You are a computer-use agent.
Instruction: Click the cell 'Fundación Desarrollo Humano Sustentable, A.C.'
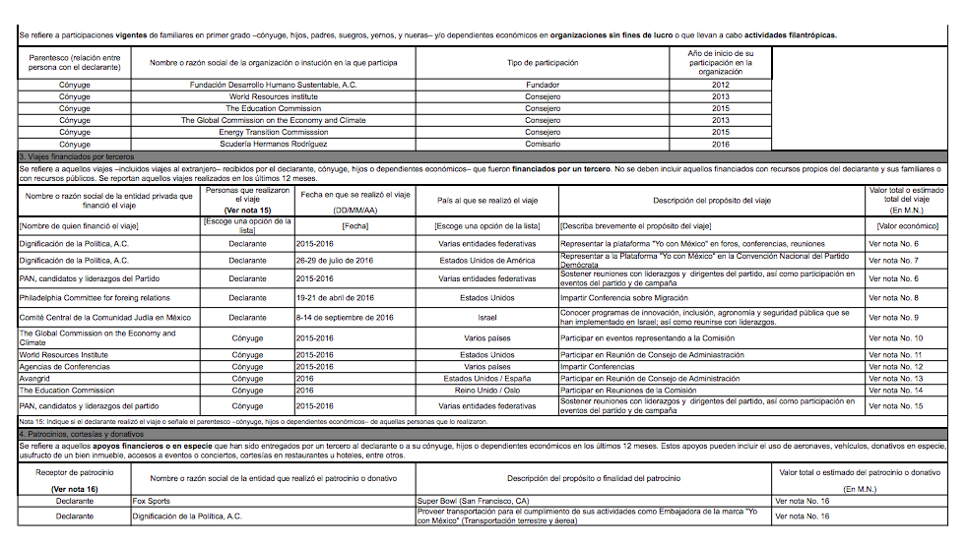tap(273, 85)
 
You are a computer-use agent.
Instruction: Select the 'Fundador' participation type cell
tap(543, 85)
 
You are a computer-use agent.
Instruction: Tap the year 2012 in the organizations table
tap(721, 85)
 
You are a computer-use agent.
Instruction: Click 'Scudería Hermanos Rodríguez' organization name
tap(273, 144)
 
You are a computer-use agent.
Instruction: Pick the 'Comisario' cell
tap(543, 144)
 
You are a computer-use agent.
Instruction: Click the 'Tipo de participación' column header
tap(543, 62)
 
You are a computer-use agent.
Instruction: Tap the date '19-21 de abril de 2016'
tap(335, 297)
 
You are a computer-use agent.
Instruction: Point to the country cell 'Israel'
tap(487, 318)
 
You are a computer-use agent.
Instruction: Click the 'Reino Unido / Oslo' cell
tap(487, 390)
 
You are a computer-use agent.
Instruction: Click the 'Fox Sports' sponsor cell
tap(153, 501)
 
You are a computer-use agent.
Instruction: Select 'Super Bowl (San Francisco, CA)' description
tap(473, 501)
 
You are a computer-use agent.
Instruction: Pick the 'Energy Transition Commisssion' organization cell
tap(273, 132)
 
